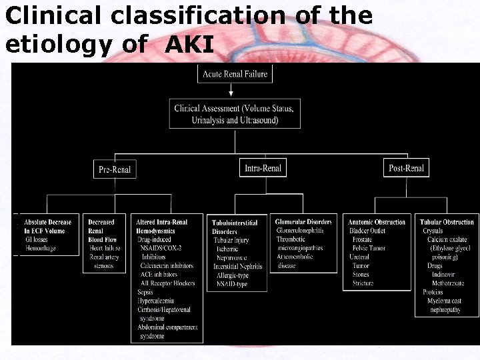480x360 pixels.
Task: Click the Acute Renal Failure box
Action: [x=235, y=73]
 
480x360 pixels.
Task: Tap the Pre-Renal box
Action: [x=115, y=169]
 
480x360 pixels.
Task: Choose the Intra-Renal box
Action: [x=263, y=168]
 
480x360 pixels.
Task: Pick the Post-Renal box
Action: [x=406, y=168]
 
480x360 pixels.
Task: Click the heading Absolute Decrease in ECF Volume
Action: [x=47, y=226]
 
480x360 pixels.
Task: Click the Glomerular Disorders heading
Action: [x=303, y=221]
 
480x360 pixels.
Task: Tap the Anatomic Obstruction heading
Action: [x=377, y=222]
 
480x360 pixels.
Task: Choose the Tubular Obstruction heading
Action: [x=447, y=222]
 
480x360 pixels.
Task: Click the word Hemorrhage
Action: [x=41, y=248]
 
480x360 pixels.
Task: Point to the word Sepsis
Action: [x=145, y=292]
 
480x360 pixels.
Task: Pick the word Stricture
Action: [x=363, y=283]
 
